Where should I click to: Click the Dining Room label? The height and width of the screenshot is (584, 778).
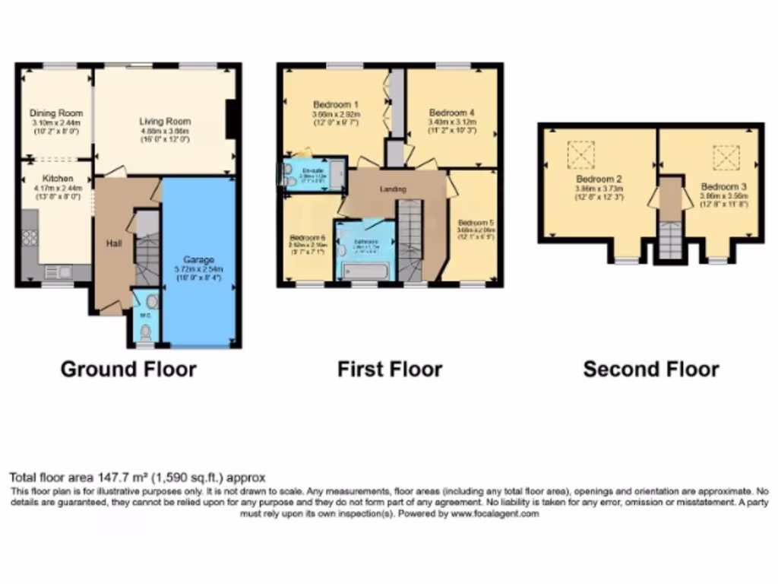(57, 113)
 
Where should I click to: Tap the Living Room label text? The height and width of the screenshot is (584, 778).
(164, 121)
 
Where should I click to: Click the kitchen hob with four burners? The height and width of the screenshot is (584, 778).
(29, 237)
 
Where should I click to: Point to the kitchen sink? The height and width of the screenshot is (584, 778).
(57, 271)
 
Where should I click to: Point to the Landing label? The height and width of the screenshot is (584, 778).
(393, 189)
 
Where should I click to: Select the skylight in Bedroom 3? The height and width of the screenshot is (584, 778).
(725, 157)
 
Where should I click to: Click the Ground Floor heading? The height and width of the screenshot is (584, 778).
(128, 370)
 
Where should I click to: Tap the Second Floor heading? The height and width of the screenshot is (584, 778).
(650, 370)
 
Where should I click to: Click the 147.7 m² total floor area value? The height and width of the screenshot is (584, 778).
(117, 478)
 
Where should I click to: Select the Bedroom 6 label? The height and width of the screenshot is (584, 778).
(308, 236)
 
